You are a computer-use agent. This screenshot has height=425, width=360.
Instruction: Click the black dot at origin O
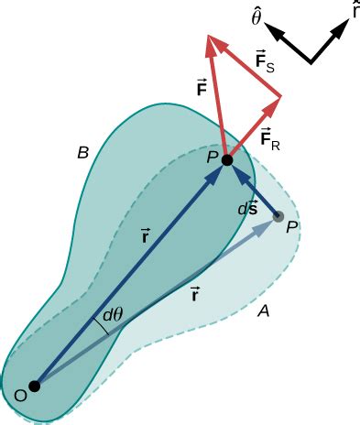click(34, 387)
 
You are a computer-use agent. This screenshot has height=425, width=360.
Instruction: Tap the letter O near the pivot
click(19, 397)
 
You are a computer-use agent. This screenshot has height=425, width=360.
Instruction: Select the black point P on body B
click(227, 160)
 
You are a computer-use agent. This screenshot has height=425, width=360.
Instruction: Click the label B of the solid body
click(82, 154)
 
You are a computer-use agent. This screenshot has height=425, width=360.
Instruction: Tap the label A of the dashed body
click(263, 311)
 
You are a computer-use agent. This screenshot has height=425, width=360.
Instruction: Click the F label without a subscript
click(202, 89)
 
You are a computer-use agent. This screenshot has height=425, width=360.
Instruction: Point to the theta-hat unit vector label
click(258, 16)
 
